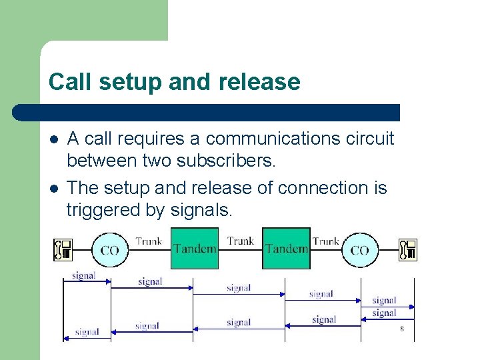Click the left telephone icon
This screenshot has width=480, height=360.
[63, 249]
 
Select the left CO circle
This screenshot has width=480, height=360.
[110, 250]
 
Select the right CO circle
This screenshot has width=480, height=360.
[359, 250]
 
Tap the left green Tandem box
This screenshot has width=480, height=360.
[195, 248]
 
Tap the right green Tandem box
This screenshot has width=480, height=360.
[286, 248]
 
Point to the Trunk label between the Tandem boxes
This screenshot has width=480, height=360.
[241, 241]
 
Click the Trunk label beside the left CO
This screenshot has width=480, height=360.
[149, 241]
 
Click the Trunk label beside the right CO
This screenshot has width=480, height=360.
[326, 241]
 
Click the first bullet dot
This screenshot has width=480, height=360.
[53, 140]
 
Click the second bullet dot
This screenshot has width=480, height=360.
[53, 189]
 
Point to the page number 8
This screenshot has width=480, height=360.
[402, 329]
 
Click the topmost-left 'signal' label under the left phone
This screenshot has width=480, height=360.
[83, 275]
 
